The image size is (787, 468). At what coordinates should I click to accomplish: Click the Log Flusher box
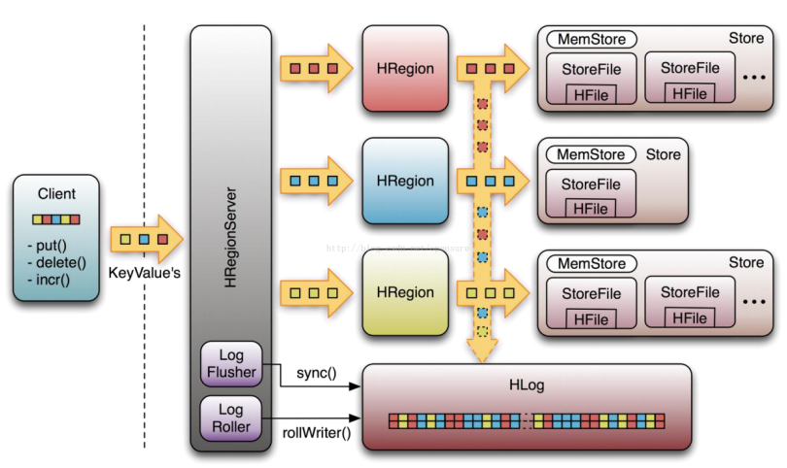(232, 364)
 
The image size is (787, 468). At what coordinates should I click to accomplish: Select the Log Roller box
(232, 418)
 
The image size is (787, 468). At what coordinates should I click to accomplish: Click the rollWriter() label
(317, 431)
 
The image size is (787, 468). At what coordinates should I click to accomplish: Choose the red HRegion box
(405, 69)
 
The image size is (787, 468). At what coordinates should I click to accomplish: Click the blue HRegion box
(405, 181)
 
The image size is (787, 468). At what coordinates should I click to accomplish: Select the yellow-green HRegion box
(405, 291)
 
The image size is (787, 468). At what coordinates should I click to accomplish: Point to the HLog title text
(527, 385)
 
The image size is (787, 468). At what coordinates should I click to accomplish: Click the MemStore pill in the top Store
(592, 40)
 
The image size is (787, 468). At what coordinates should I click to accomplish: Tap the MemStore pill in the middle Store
(591, 154)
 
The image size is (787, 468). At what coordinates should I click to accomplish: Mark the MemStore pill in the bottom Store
(592, 263)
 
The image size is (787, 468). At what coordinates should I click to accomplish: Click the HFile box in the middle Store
(590, 209)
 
